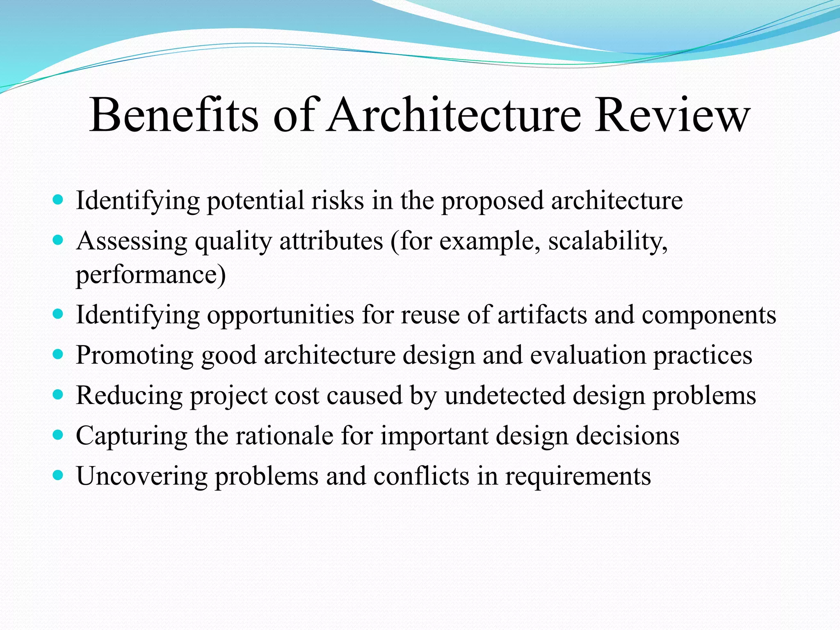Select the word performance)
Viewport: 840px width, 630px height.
pos(151,275)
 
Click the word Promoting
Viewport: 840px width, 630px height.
pos(135,355)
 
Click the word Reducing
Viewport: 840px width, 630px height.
pos(129,396)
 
